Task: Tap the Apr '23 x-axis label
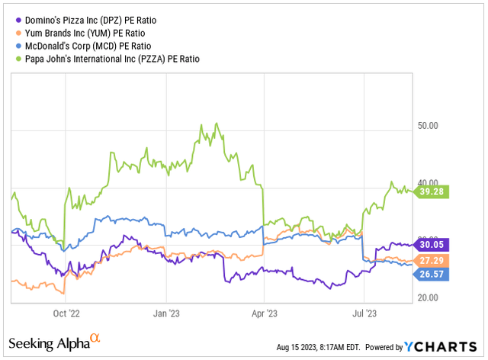coord(264,313)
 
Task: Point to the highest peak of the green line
coord(217,123)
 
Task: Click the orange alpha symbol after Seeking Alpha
coord(95,337)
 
